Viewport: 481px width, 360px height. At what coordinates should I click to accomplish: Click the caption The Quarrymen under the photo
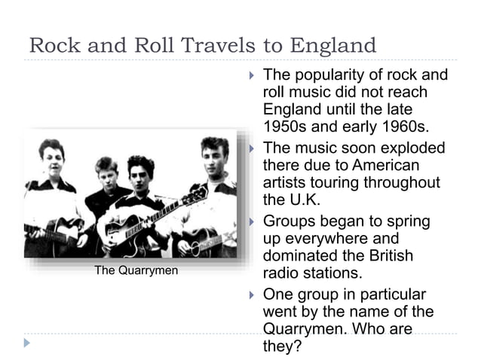[x=136, y=270]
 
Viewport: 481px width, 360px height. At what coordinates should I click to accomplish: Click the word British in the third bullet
[x=388, y=256]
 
